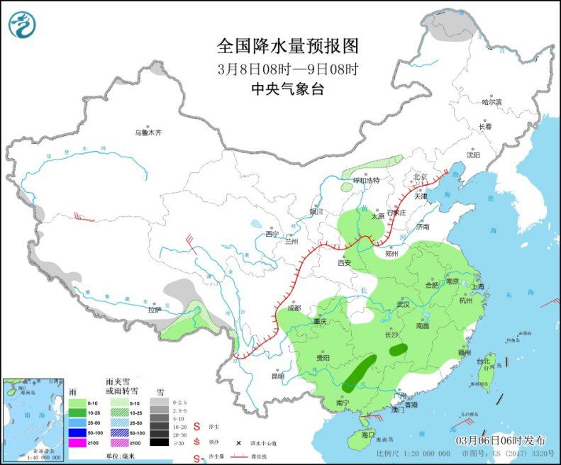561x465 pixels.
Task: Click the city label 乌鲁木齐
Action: coord(149,133)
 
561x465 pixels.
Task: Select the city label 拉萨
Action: coord(155,310)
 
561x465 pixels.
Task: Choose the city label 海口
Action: coord(367,433)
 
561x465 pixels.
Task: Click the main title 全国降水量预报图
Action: coord(287,46)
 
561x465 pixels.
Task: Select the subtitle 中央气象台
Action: coord(287,89)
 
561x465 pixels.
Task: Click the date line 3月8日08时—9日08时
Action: coord(287,69)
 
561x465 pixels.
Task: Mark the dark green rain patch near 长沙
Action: coord(399,349)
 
